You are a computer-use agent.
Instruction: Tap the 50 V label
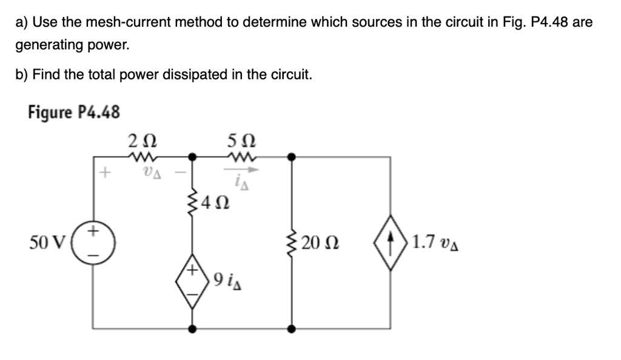point(46,242)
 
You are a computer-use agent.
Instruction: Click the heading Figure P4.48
point(73,112)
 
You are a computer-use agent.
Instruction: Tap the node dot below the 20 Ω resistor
point(292,329)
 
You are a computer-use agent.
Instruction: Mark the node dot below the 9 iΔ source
point(193,329)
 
